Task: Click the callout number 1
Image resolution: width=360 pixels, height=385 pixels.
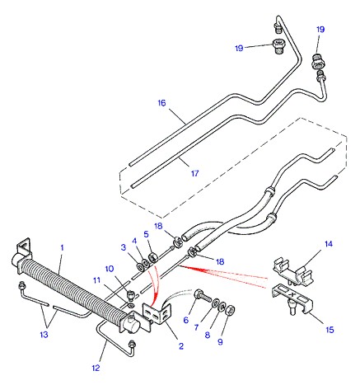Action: point(62,247)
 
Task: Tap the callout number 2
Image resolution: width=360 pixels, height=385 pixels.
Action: point(181,346)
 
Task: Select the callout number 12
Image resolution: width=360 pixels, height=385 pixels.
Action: point(96,368)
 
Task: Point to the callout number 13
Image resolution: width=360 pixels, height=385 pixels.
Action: point(44,335)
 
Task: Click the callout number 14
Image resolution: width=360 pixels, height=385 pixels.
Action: point(329,244)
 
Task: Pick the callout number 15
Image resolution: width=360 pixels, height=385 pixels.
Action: point(330,330)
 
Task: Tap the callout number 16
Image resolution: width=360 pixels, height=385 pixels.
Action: point(161,103)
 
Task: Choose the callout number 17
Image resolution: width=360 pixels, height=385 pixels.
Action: point(194,173)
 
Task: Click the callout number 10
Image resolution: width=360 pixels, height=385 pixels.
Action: point(110,269)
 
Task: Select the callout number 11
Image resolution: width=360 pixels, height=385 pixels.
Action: point(96,280)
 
